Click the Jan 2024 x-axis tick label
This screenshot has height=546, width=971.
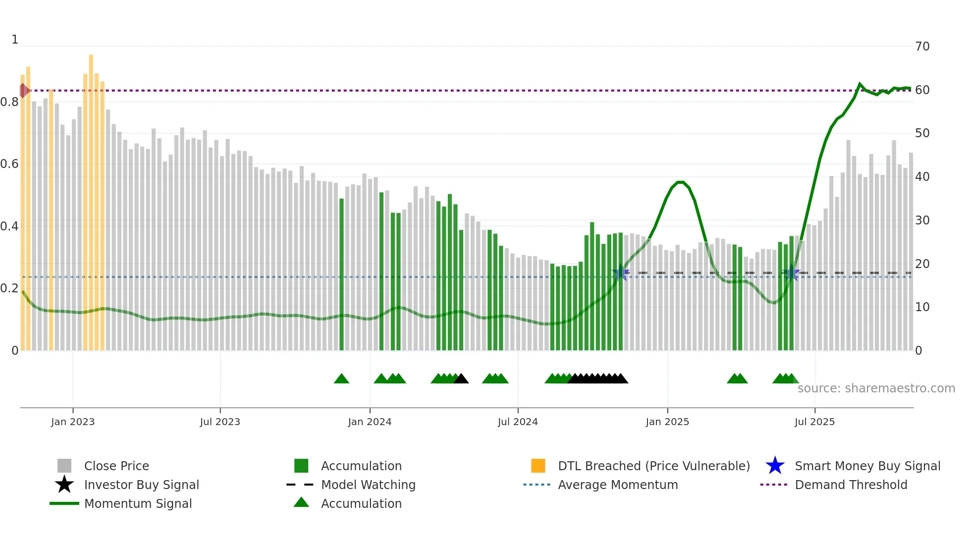370,422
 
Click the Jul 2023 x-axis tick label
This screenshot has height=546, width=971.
220,422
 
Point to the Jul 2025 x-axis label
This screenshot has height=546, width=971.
814,422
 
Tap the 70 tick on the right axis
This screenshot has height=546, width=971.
922,47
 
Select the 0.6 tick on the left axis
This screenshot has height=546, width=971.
9,164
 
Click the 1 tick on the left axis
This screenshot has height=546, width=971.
15,40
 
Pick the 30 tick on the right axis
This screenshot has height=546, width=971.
922,220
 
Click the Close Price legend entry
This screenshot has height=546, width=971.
116,466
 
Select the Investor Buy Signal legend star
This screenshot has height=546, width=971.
64,485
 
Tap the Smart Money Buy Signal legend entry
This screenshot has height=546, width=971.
867,466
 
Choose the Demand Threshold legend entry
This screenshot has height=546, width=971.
851,485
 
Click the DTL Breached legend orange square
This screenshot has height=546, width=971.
538,466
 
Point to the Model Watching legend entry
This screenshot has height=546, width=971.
368,485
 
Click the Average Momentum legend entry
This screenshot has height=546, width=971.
617,485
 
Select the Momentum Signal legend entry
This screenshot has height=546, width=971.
138,503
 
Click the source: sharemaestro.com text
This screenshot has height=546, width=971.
876,388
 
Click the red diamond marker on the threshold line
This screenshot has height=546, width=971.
24,91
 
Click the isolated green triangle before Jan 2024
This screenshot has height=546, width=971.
341,379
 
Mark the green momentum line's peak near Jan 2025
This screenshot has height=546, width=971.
680,182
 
